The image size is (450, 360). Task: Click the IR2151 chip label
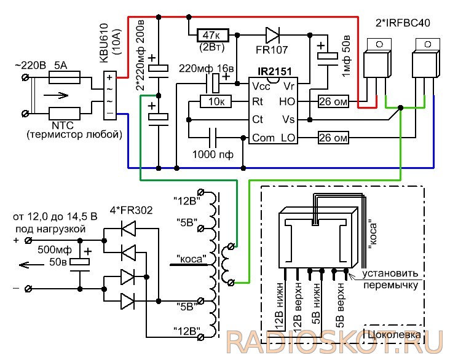pyautogui.click(x=275, y=71)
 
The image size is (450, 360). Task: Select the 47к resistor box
pyautogui.click(x=213, y=35)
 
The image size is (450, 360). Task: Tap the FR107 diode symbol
pyautogui.click(x=272, y=35)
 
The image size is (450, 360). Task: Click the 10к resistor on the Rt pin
pyautogui.click(x=216, y=101)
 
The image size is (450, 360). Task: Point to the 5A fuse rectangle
pyautogui.click(x=65, y=77)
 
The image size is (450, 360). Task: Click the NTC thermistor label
pyautogui.click(x=63, y=125)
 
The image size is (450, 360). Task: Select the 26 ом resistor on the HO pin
pyautogui.click(x=333, y=101)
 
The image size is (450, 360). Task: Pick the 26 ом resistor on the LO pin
pyautogui.click(x=333, y=138)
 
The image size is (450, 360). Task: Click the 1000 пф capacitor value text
pyautogui.click(x=213, y=155)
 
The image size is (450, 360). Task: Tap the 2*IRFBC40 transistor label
pyautogui.click(x=403, y=23)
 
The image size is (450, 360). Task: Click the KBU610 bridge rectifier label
pyautogui.click(x=104, y=43)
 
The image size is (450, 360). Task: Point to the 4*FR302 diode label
pyautogui.click(x=131, y=210)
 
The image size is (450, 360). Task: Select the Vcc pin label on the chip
pyautogui.click(x=261, y=86)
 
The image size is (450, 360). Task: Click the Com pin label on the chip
pyautogui.click(x=263, y=138)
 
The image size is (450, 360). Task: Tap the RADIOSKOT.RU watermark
pyautogui.click(x=334, y=342)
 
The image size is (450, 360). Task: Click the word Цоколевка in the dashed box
pyautogui.click(x=393, y=334)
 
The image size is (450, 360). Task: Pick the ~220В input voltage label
pyautogui.click(x=30, y=65)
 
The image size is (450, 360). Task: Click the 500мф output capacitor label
pyautogui.click(x=55, y=250)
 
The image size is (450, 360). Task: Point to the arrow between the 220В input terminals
pyautogui.click(x=57, y=95)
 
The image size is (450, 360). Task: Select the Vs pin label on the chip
pyautogui.click(x=288, y=119)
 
